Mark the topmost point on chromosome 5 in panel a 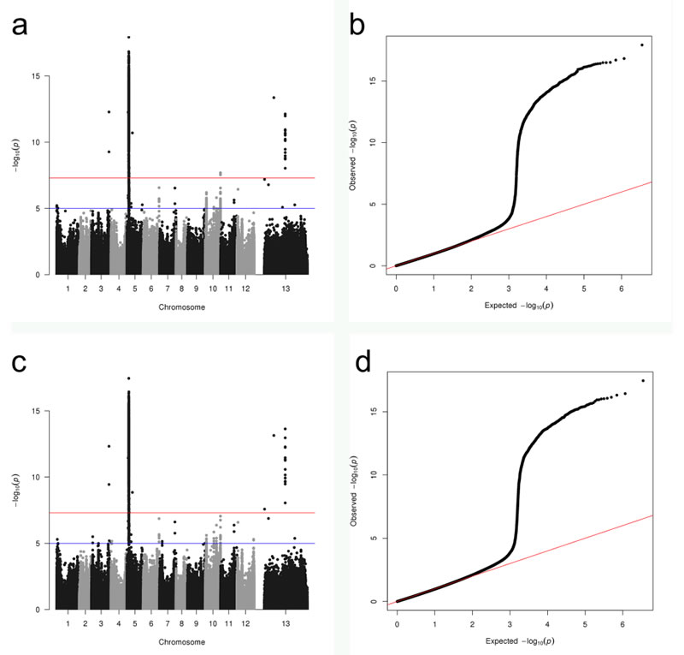(x=128, y=37)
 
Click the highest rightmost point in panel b (x=641, y=45)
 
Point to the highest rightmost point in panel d (x=642, y=380)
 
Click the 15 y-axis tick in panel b (x=374, y=81)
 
